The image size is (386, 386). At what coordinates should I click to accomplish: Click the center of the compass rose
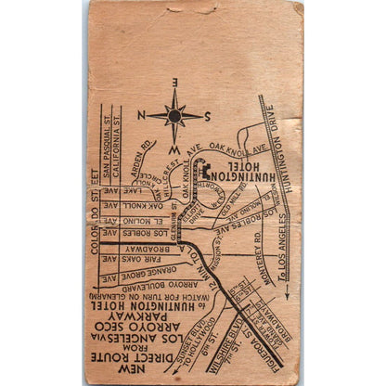pos(174,115)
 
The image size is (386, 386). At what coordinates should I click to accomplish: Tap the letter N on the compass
pos(141,115)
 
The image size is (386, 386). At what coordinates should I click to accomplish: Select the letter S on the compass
pos(208,116)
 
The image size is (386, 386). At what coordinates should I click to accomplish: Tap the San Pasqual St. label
pos(105,139)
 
